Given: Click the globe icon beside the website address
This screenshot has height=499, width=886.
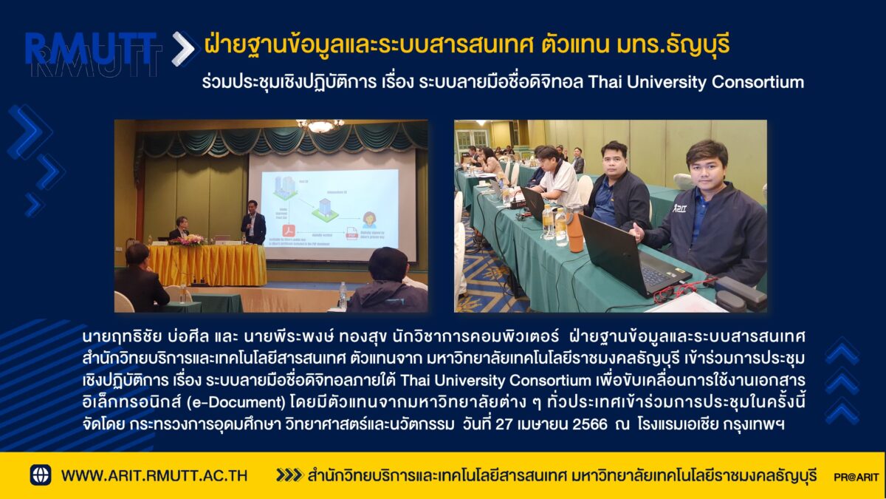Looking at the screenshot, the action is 41,475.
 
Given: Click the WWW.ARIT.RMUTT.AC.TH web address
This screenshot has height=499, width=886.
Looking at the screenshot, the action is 154,475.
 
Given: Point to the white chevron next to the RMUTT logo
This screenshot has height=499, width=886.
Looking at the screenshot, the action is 183,48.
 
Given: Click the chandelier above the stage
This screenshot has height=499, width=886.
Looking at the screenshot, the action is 320,126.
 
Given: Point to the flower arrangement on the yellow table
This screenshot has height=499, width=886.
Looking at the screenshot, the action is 188,240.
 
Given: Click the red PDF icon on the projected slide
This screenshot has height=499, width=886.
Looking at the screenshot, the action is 289,231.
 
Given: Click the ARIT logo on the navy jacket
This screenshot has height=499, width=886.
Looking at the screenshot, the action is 679,208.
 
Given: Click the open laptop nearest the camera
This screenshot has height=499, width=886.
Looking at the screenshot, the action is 632,260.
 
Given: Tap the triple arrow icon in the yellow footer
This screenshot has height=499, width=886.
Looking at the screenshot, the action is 289,475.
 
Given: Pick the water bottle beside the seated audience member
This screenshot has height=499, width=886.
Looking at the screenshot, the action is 343,295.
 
